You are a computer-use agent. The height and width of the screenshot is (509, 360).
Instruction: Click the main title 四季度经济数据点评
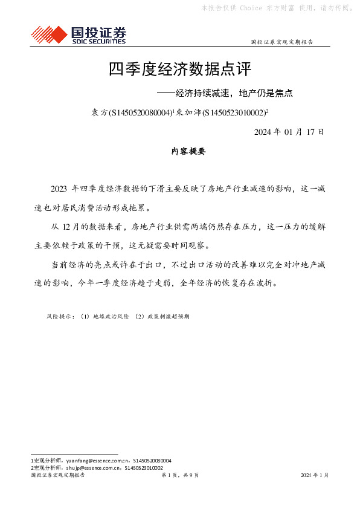pos(179,70)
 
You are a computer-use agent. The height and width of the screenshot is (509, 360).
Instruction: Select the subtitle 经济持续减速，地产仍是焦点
pos(233,94)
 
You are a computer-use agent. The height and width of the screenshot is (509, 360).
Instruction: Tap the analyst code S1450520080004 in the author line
pos(140,112)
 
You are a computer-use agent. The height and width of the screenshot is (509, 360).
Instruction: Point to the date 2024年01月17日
pos(289,132)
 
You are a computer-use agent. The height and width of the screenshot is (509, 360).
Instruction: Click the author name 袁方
pos(98,112)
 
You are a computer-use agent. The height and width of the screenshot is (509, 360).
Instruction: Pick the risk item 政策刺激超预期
pos(166,316)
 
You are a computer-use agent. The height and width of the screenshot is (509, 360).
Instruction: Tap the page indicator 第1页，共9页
pos(180,476)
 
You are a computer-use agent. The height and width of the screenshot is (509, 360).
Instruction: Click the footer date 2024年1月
pos(315,476)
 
